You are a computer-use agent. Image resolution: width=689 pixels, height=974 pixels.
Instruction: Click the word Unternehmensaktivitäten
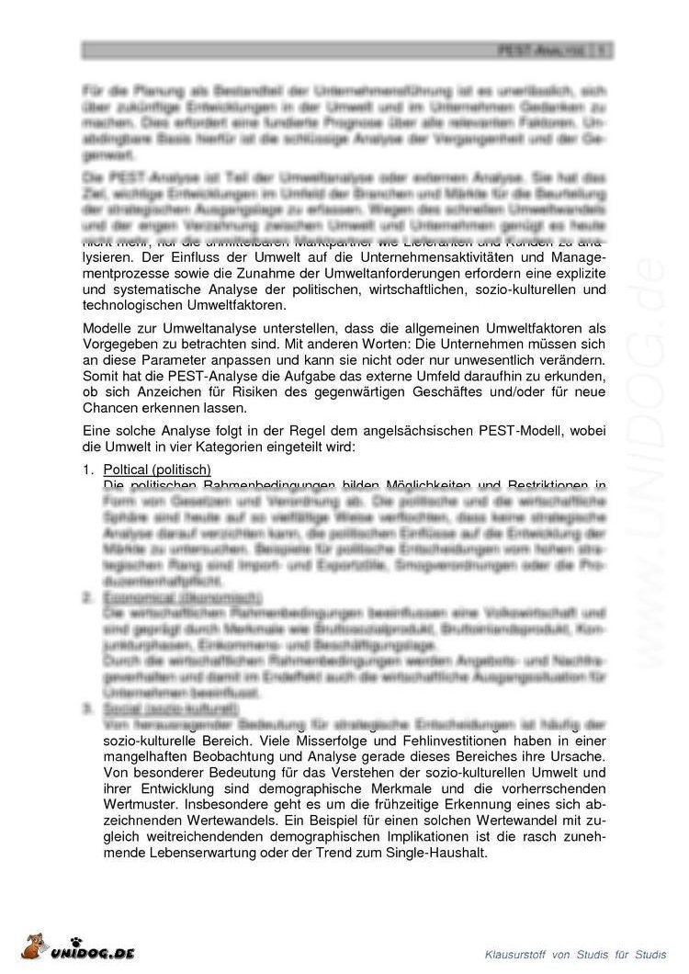pos(402,256)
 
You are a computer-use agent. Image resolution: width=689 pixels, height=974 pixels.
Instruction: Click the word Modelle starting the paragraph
pos(107,329)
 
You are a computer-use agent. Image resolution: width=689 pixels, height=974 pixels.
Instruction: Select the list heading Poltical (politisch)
pos(158,471)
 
